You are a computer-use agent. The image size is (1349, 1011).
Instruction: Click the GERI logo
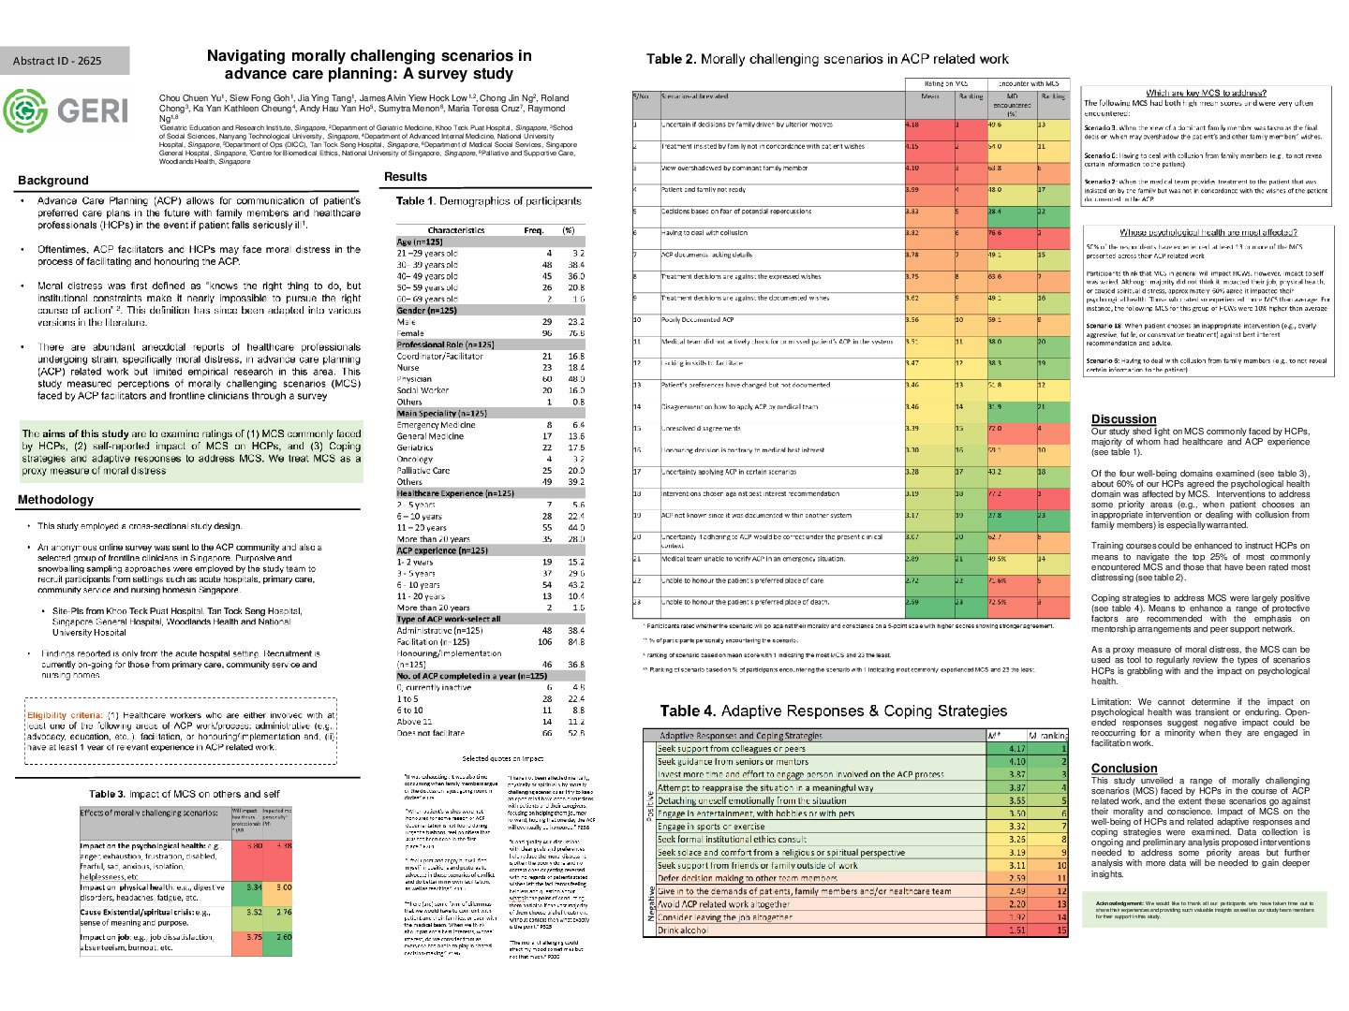point(66,110)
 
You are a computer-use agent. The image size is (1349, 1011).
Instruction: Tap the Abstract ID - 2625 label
point(57,61)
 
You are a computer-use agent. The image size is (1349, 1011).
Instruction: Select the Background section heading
point(52,181)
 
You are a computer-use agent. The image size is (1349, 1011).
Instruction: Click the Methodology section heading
point(55,500)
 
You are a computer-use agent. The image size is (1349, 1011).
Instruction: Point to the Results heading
point(405,177)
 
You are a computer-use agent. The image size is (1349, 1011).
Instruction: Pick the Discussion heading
point(1123,419)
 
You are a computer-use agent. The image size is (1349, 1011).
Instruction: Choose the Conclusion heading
point(1123,769)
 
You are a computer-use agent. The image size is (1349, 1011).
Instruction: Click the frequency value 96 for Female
point(547,333)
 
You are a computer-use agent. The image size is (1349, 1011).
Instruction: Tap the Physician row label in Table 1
point(414,379)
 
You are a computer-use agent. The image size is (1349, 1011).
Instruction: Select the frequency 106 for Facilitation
point(544,642)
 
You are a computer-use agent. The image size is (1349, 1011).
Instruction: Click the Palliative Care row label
point(422,471)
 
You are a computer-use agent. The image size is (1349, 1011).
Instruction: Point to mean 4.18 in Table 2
point(913,125)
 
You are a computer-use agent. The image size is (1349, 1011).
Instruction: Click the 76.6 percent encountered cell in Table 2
point(994,233)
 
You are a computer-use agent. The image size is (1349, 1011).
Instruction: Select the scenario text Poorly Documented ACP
point(697,319)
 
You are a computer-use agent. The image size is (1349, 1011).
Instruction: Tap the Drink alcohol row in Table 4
point(682,930)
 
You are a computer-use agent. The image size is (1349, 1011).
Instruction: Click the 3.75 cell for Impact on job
point(253,936)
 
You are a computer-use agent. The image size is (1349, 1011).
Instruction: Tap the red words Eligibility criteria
point(65,716)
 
